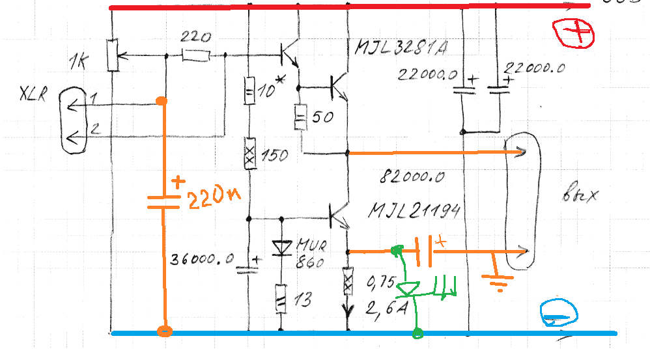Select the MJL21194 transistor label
click(414, 210)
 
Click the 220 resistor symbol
click(195, 57)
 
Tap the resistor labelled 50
click(301, 118)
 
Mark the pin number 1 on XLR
click(94, 98)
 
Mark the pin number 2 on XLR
click(94, 130)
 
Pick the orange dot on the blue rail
click(164, 331)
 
